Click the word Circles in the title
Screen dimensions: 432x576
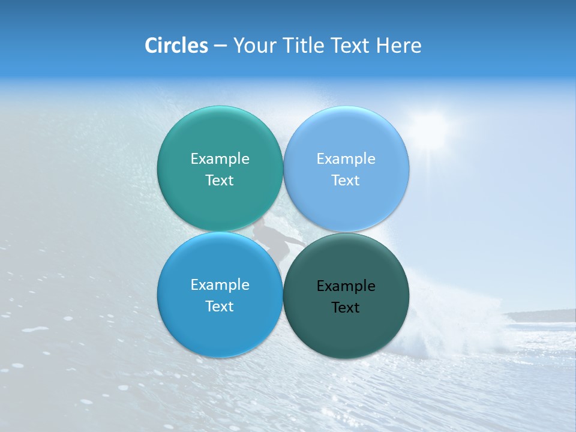176,46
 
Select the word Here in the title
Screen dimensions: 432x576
398,46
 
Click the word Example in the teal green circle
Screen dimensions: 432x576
220,159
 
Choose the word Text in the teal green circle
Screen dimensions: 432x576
220,181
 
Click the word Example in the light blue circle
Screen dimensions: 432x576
346,159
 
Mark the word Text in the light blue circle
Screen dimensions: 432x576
346,181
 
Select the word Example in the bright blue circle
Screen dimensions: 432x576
220,285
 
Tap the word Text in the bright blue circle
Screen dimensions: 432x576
220,307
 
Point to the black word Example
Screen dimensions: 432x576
346,286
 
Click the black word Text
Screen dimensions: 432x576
346,308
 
